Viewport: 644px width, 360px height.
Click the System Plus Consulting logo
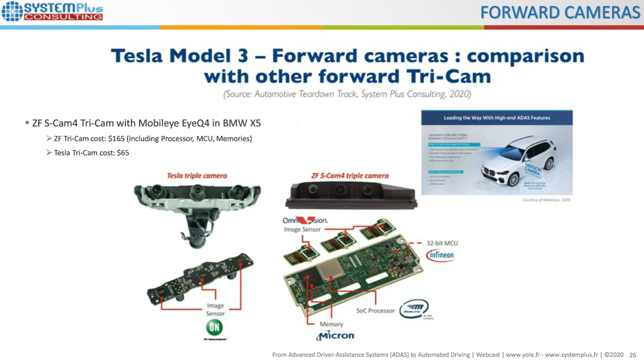coord(52,11)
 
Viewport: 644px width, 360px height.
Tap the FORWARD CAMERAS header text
coord(560,13)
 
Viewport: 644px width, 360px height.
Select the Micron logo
coord(335,336)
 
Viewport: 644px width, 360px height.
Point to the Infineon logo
coord(441,255)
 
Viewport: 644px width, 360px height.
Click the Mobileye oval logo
coord(414,308)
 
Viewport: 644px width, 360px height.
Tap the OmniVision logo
coord(305,220)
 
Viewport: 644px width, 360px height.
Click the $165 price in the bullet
coord(116,139)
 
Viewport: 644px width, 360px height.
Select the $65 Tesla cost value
coord(123,153)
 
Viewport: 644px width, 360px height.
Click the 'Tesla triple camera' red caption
coord(197,176)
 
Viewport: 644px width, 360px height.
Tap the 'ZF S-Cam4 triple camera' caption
coord(350,176)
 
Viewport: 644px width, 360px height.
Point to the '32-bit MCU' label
coord(442,243)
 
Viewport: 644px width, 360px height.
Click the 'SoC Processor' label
coord(375,311)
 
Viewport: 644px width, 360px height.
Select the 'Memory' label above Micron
coord(331,324)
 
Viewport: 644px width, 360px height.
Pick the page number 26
coord(633,355)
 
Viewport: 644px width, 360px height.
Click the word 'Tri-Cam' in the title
coord(448,77)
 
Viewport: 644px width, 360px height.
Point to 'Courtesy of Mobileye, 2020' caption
coord(546,200)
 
